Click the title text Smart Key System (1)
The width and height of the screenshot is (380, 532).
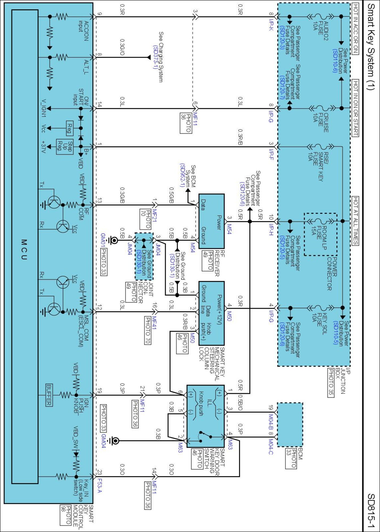tap(371, 47)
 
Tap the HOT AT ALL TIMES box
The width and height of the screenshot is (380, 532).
tap(355, 221)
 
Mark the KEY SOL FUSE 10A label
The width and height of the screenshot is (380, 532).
tap(319, 323)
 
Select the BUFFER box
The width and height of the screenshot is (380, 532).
tap(49, 395)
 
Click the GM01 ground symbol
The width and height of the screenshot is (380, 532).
tap(114, 240)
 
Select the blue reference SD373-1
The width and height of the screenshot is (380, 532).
tap(155, 57)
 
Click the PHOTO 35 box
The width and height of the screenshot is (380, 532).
tap(331, 383)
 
